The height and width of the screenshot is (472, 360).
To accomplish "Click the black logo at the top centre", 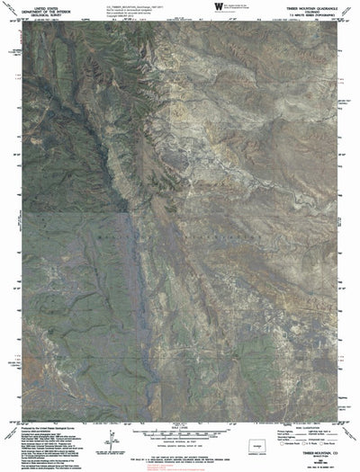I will (220, 7).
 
